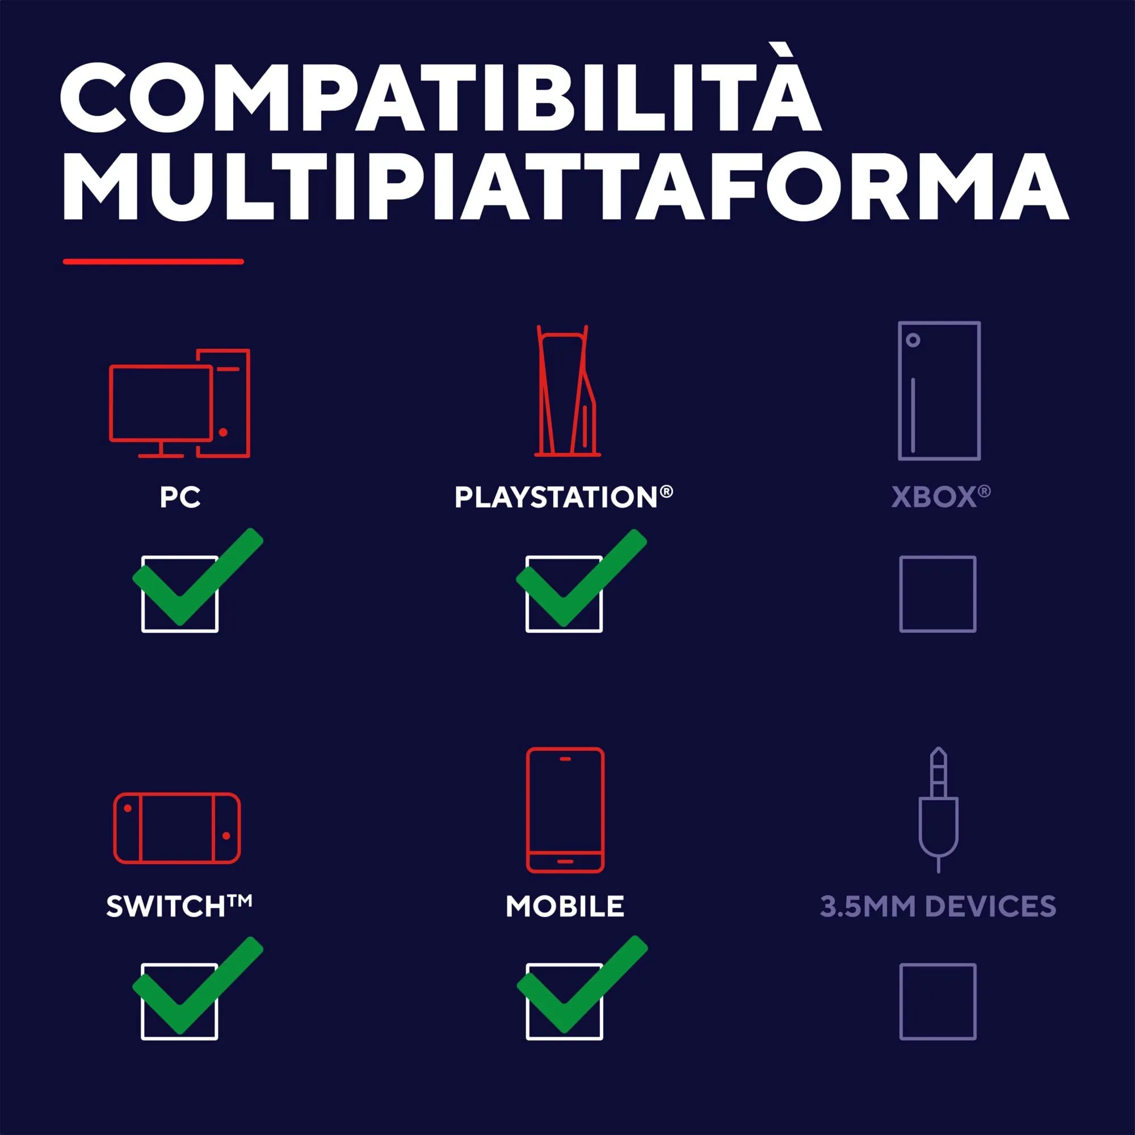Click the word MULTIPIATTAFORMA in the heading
[564, 187]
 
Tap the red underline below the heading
[153, 262]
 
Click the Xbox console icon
[939, 390]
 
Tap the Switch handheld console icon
[177, 828]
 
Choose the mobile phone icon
[565, 810]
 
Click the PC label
[180, 497]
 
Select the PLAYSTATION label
[564, 497]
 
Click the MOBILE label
[565, 906]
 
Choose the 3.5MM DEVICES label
[938, 906]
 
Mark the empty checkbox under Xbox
[938, 594]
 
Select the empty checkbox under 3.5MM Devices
[938, 1002]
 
